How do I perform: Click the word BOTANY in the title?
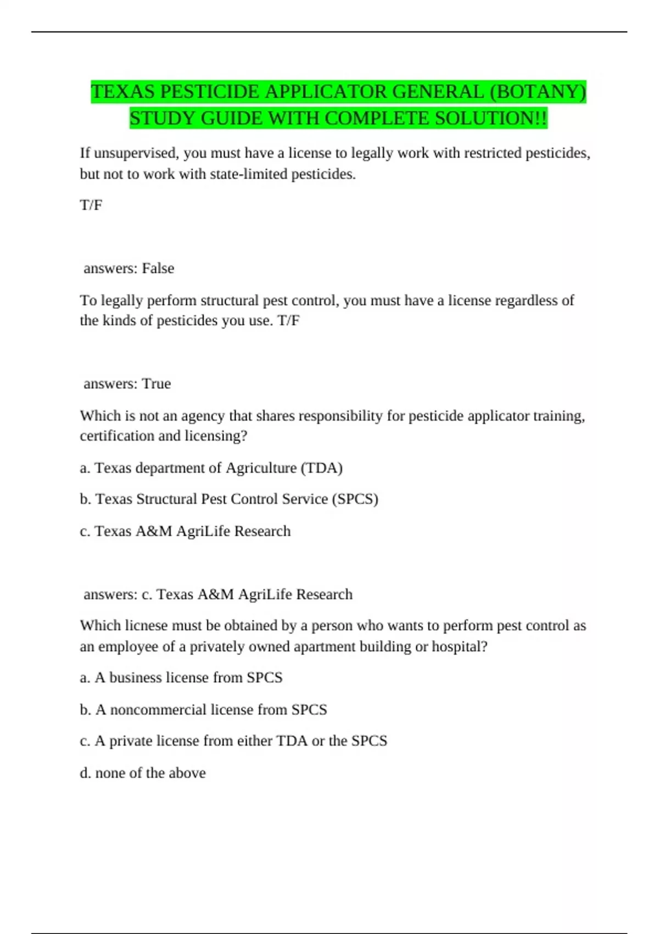538,91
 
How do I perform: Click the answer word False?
158,268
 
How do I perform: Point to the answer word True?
157,383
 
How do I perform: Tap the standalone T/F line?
91,205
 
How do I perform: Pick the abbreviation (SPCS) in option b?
355,499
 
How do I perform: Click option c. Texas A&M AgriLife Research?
185,531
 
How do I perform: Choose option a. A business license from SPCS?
181,677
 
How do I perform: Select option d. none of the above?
143,772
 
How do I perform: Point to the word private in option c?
131,741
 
